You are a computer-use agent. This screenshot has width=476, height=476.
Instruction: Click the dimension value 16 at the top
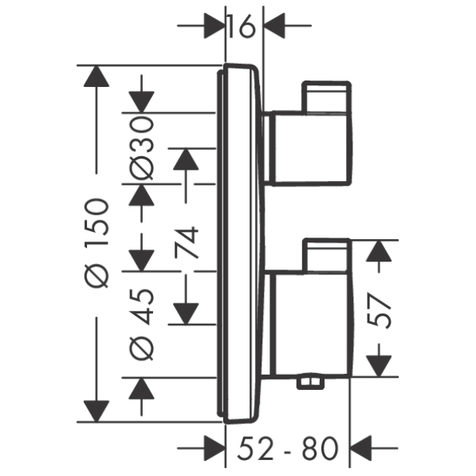tap(242, 26)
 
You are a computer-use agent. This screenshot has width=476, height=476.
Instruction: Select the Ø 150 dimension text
tap(96, 243)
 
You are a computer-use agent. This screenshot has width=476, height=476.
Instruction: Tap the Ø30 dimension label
tap(141, 149)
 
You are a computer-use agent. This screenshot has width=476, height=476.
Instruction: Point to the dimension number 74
tap(187, 242)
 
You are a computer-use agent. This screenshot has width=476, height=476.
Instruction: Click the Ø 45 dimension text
tap(141, 325)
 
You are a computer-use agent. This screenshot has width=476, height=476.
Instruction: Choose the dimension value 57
tap(379, 310)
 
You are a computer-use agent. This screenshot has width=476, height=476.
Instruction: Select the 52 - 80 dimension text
tap(288, 448)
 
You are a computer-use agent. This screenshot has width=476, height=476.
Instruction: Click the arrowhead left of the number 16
tap(214, 26)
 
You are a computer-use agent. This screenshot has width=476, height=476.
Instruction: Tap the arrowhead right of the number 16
tap(274, 26)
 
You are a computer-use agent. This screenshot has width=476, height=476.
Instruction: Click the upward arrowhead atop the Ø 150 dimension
tap(96, 77)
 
